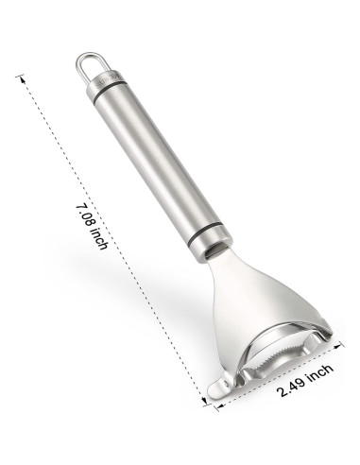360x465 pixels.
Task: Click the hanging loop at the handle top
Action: click(x=82, y=59)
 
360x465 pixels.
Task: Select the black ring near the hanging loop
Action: click(x=111, y=92)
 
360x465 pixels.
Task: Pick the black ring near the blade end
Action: click(x=209, y=233)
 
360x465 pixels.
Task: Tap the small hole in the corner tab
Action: click(x=225, y=384)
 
